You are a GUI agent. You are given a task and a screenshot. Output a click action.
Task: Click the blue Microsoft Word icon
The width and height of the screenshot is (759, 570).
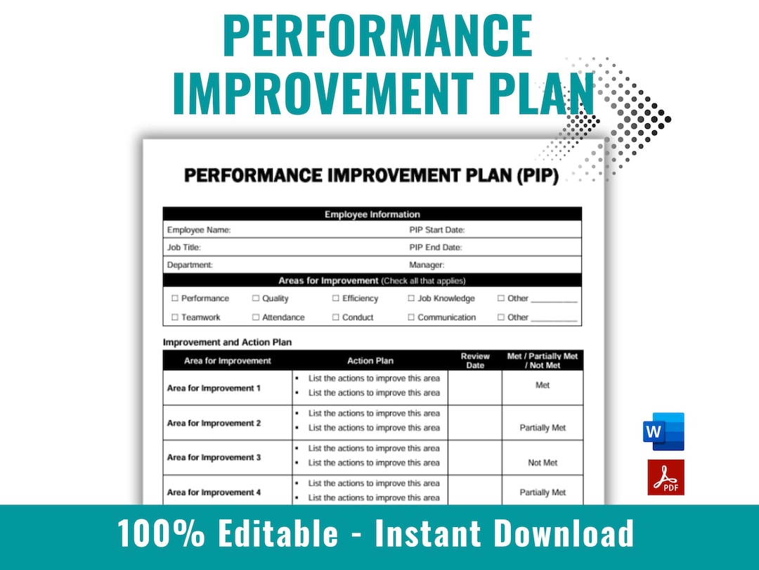click(663, 431)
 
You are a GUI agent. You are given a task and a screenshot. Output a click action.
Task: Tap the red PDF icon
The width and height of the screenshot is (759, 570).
click(665, 477)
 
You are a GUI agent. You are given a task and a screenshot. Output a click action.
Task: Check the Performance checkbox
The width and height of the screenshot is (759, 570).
click(175, 298)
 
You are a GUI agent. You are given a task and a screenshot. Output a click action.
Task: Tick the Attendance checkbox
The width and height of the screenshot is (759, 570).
click(256, 317)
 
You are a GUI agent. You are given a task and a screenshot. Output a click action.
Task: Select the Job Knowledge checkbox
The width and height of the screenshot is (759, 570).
click(412, 298)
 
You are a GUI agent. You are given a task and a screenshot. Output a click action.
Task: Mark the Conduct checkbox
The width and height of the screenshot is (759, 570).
click(336, 317)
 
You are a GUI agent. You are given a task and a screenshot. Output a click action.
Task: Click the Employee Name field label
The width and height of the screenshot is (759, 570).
click(199, 230)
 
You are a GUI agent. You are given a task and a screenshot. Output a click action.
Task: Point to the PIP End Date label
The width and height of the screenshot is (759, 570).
click(436, 248)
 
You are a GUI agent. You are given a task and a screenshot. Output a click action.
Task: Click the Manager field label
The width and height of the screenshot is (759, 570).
click(427, 265)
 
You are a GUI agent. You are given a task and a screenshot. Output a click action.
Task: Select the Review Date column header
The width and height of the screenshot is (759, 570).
click(475, 360)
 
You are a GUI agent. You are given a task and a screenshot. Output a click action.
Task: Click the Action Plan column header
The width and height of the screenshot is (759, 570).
click(370, 361)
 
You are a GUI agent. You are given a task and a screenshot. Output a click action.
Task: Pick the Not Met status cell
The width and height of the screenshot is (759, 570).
click(543, 463)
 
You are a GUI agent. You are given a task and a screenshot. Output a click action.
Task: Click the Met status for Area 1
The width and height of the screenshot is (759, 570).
click(543, 386)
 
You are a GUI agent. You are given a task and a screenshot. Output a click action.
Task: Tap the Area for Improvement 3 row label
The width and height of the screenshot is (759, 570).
click(214, 457)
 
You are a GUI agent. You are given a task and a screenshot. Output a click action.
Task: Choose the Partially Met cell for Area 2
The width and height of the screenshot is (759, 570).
click(543, 428)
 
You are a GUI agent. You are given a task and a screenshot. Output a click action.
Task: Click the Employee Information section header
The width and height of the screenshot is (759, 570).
click(372, 215)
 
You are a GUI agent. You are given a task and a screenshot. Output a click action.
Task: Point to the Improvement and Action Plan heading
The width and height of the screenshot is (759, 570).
click(227, 343)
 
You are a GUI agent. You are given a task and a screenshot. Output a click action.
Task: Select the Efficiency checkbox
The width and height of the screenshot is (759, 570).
click(336, 298)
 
